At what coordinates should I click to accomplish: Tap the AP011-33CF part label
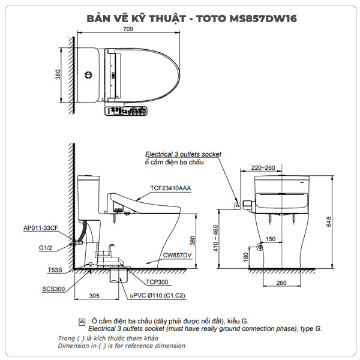tap(41, 228)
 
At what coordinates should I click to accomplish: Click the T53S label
tap(54, 271)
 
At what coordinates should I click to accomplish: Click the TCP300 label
tap(157, 281)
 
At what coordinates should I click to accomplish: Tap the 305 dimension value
tap(94, 296)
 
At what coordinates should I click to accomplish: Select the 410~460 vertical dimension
tap(215, 238)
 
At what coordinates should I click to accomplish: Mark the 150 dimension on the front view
tap(271, 239)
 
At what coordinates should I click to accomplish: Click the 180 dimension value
tap(247, 257)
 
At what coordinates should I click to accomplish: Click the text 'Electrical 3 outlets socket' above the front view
tap(183, 154)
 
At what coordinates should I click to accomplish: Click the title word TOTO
tap(211, 19)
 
